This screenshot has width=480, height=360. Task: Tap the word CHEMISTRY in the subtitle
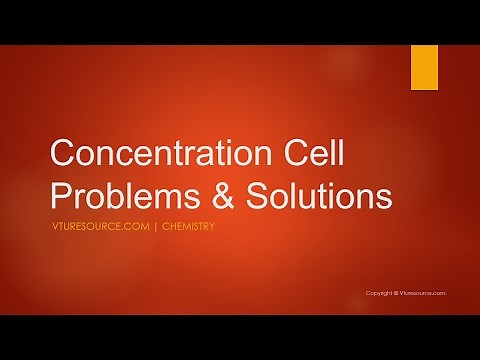point(187,226)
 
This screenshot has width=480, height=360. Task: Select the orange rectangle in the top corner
point(424,67)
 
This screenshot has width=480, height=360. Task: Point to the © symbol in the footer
point(397,293)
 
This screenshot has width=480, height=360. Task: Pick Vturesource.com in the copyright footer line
point(423,293)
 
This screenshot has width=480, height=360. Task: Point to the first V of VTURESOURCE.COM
point(53,226)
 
